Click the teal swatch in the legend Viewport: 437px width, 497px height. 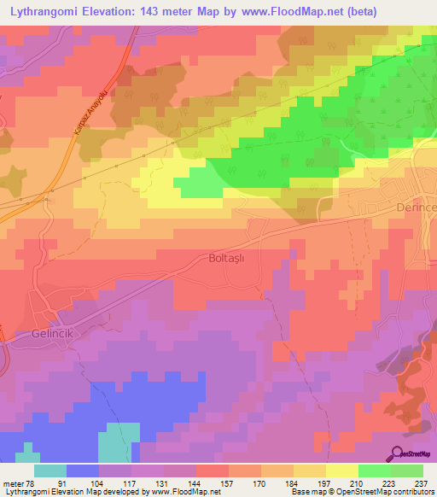click(50, 471)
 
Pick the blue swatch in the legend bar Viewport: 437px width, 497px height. click(82, 471)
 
